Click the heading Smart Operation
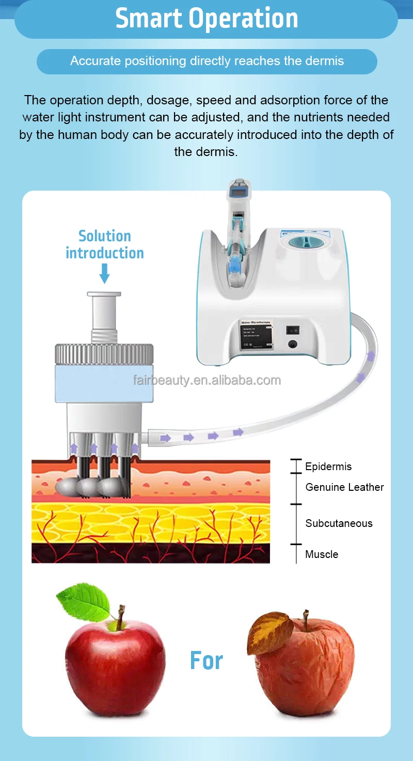206,19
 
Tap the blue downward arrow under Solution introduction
104,273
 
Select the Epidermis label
328,467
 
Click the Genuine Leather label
344,487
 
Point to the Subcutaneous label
339,523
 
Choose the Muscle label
322,554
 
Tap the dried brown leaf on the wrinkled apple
270,631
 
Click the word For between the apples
206,661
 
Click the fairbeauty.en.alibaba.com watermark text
206,381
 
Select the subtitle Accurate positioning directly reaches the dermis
206,61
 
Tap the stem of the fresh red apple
120,617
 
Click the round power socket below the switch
293,344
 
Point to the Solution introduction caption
104,244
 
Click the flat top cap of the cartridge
104,294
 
